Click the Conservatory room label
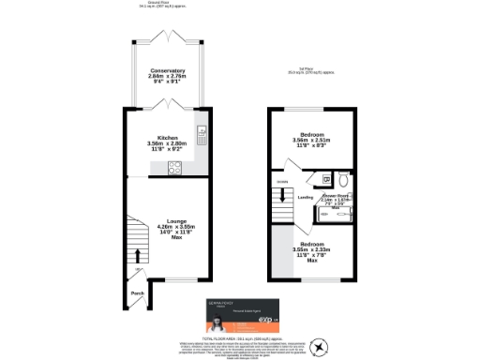167,71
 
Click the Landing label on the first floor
306,198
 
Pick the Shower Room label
335,195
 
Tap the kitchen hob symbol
173,169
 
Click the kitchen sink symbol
200,133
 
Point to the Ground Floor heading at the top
167,3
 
